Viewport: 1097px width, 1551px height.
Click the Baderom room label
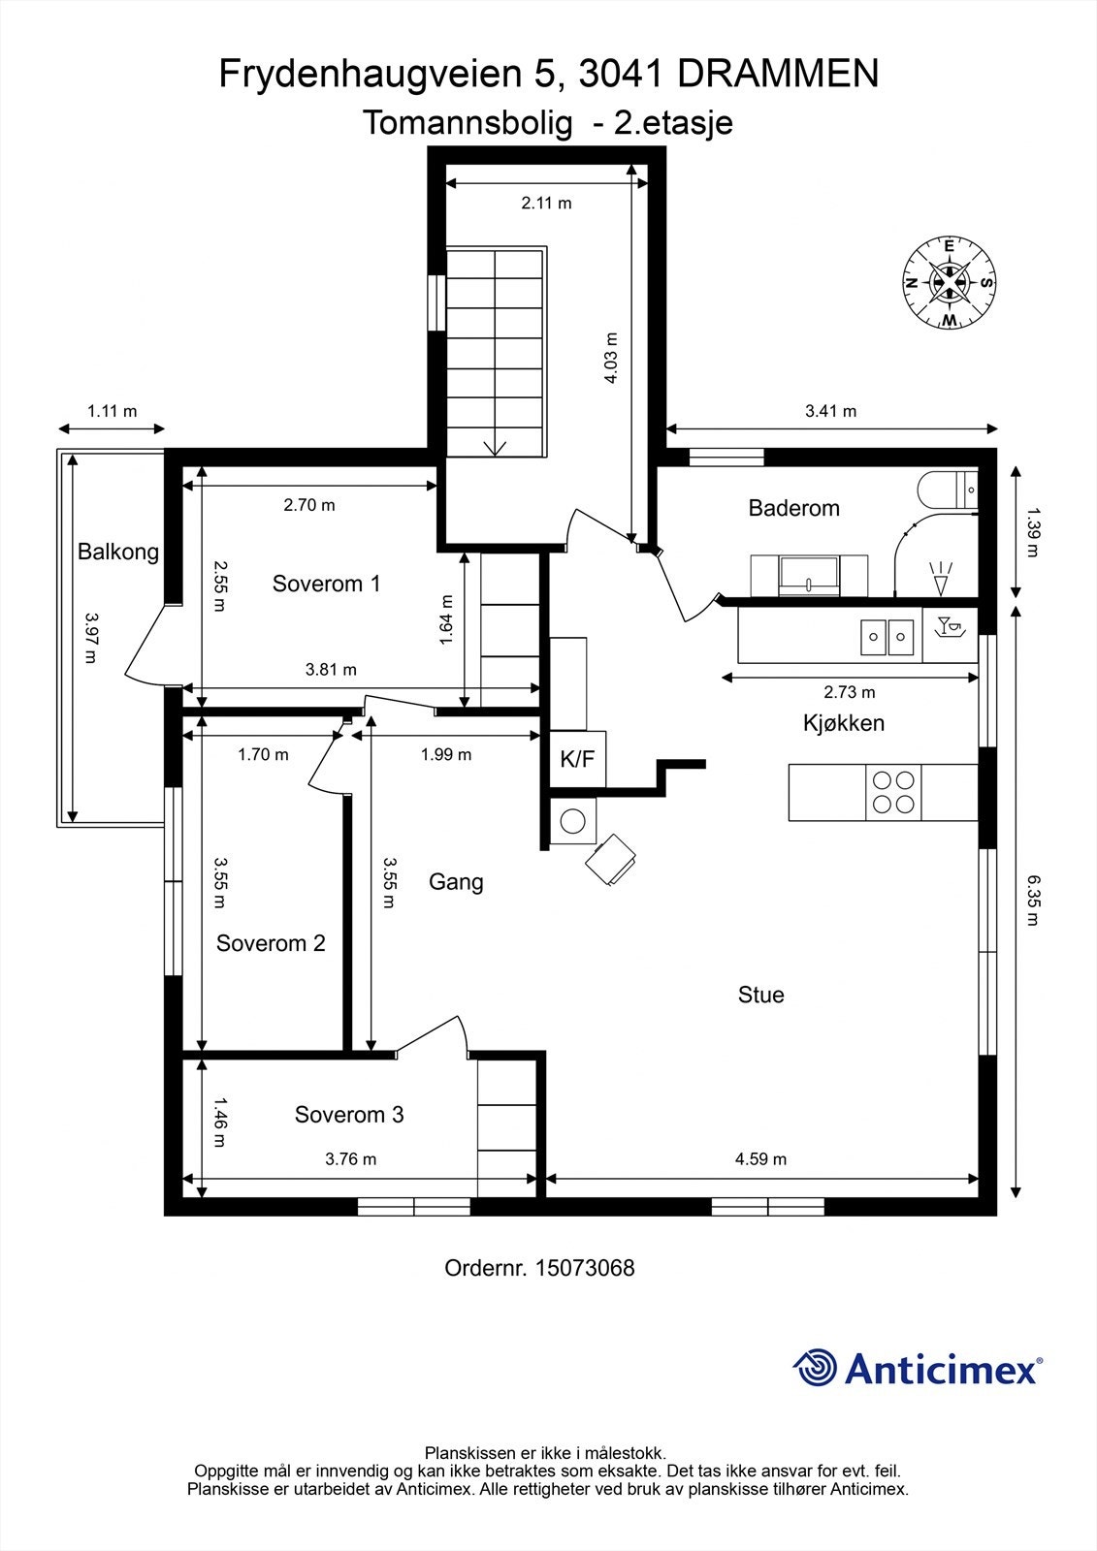[x=793, y=508]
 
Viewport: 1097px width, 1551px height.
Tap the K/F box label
[x=577, y=759]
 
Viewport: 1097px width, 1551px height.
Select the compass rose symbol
[x=950, y=282]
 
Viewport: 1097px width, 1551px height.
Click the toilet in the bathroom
[x=946, y=490]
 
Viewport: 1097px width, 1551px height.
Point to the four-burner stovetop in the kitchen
[x=893, y=792]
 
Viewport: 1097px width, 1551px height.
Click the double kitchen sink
[x=887, y=637]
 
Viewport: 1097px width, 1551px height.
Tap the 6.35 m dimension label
[x=1033, y=900]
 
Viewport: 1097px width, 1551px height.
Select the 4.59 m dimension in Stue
[x=760, y=1158]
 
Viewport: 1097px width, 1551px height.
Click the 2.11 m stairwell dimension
[x=546, y=203]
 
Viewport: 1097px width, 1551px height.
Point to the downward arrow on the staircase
[x=496, y=445]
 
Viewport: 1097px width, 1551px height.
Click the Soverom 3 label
[x=349, y=1115]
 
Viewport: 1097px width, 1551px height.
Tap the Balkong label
[x=118, y=553]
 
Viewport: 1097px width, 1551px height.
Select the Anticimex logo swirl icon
[x=815, y=1368]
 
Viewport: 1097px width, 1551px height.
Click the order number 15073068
[x=585, y=1268]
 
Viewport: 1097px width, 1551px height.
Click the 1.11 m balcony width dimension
[x=112, y=411]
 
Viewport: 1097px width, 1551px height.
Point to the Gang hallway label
[x=456, y=882]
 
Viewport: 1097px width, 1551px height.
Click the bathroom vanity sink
[x=809, y=574]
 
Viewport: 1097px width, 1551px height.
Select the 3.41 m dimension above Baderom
[x=830, y=411]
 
